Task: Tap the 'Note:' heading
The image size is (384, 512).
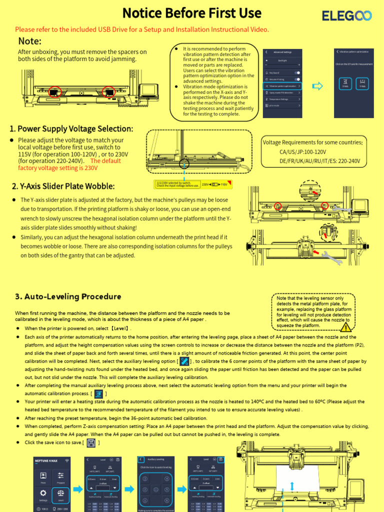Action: tap(29, 41)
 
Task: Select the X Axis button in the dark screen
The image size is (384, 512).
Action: tap(345, 83)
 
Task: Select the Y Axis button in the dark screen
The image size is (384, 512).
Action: tap(363, 83)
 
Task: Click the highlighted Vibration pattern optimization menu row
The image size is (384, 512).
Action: tap(282, 85)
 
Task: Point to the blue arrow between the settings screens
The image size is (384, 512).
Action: tap(317, 86)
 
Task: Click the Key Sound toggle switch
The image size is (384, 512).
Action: tap(297, 72)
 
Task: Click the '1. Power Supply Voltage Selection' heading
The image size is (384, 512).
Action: tap(71, 129)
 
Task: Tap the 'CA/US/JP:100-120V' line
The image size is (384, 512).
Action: tap(302, 151)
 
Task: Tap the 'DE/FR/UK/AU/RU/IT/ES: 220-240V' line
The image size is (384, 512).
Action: tap(319, 161)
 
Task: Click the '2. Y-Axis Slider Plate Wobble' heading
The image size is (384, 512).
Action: tap(63, 186)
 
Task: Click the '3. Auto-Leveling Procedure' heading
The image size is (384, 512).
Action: tap(68, 296)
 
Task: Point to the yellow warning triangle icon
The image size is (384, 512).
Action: tap(345, 327)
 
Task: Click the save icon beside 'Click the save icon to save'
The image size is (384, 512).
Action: tap(91, 443)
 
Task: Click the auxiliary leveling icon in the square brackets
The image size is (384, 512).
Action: tap(184, 361)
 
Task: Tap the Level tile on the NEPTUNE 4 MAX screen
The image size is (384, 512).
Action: tap(60, 494)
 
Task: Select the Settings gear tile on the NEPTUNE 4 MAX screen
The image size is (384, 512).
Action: tap(43, 494)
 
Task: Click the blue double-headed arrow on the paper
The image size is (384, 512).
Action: tap(291, 486)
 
